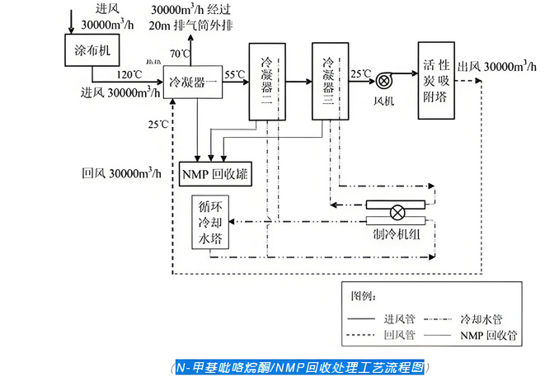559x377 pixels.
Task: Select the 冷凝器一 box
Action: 195,82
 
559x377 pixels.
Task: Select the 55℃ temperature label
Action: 235,75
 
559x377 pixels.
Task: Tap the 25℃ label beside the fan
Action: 359,73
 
